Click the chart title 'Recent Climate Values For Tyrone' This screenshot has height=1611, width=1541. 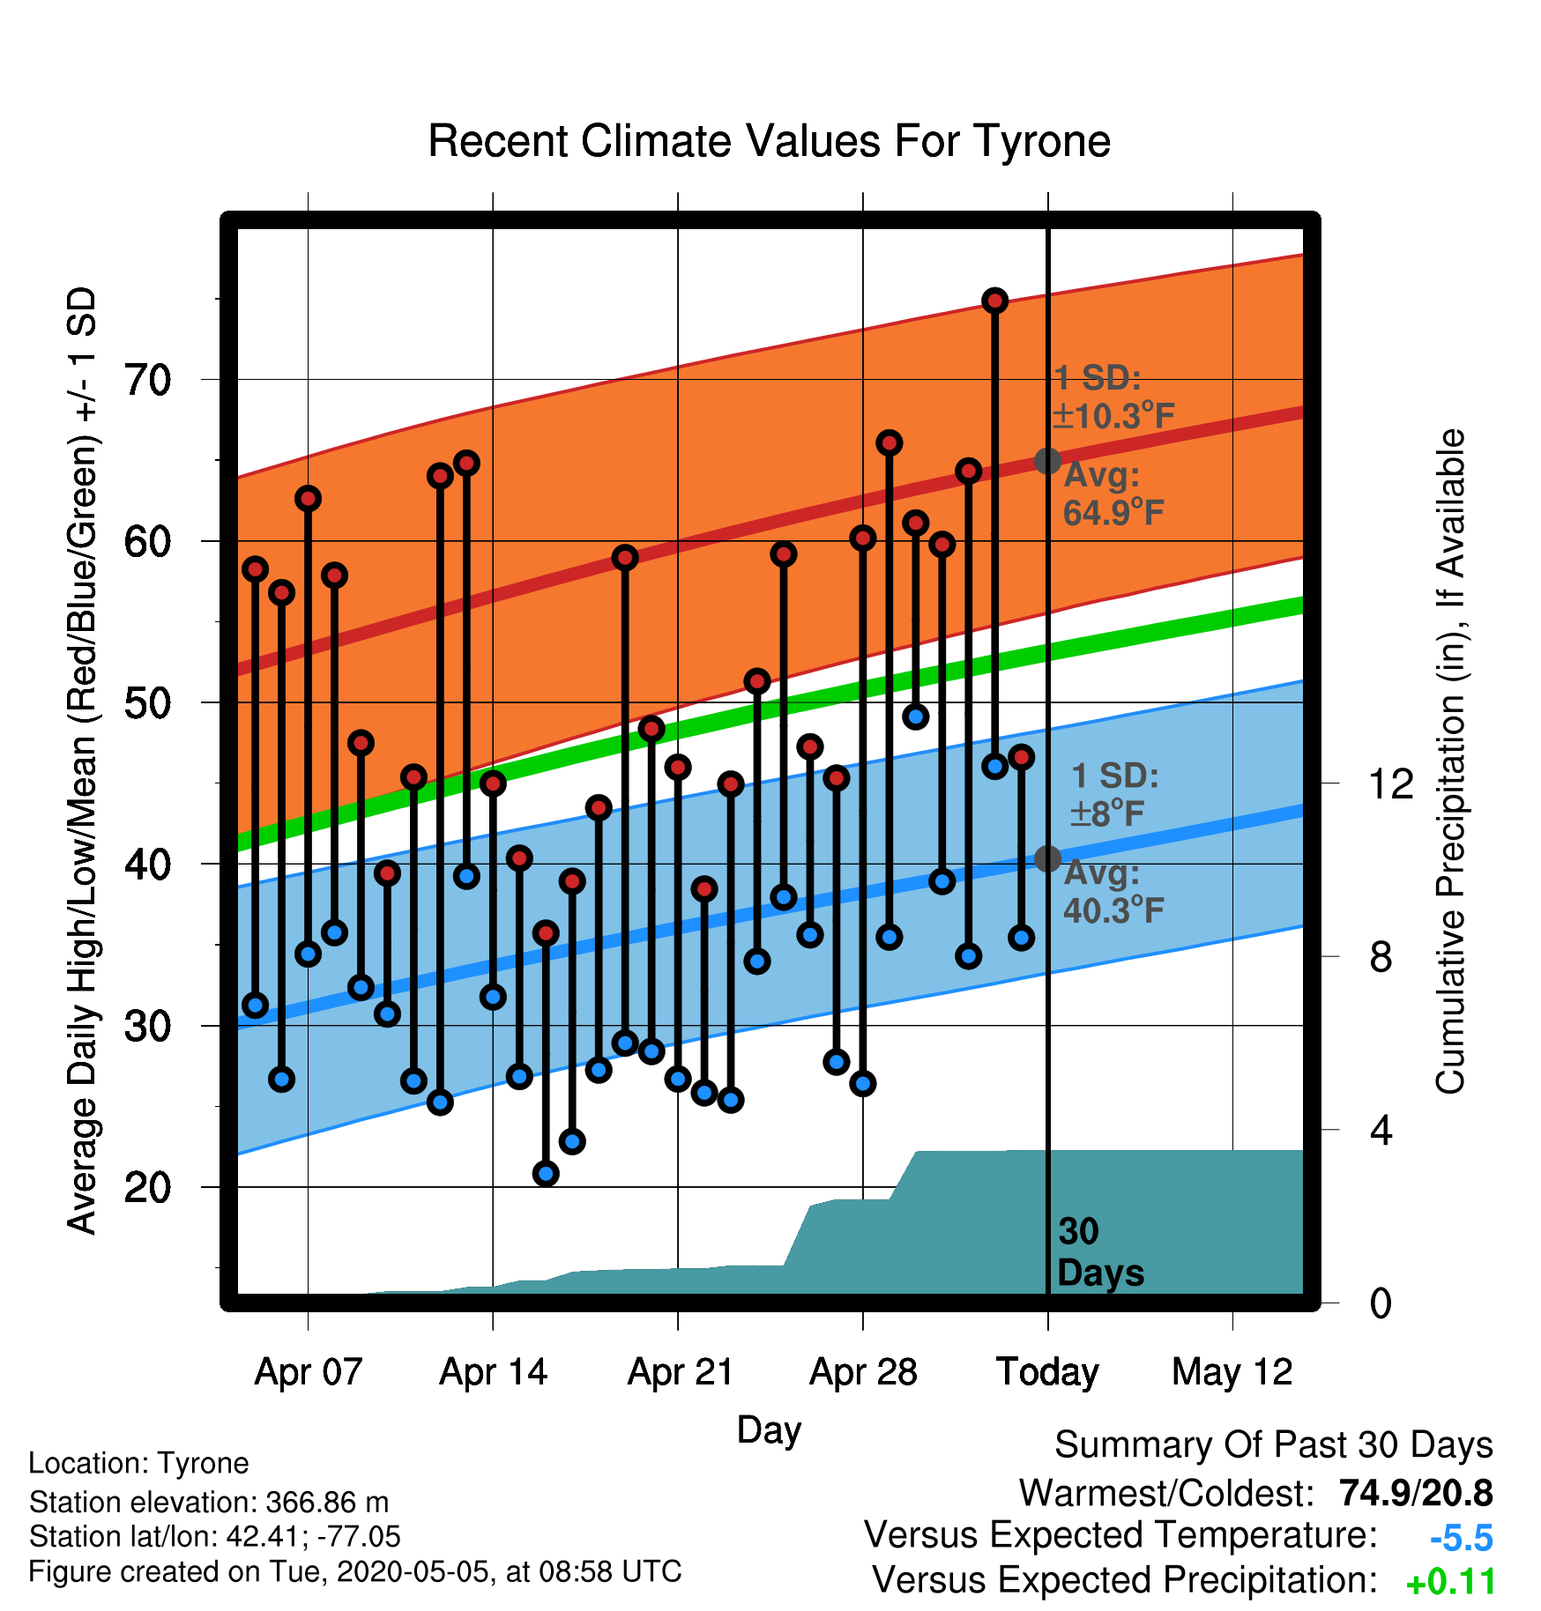click(x=769, y=141)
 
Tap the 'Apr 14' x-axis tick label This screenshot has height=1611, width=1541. click(x=494, y=1372)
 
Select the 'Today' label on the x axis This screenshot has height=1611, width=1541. click(x=1047, y=1372)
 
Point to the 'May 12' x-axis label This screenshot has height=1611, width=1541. click(x=1232, y=1372)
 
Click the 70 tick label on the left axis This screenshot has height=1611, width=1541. click(x=147, y=381)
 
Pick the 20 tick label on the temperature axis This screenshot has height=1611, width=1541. click(x=147, y=1188)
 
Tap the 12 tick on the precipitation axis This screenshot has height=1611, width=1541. click(x=1390, y=783)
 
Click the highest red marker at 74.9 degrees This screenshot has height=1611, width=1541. click(x=995, y=301)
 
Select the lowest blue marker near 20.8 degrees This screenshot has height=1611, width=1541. click(x=546, y=1173)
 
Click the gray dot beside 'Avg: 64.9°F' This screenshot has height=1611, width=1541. click(x=1047, y=460)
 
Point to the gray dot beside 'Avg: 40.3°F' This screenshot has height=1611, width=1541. click(x=1047, y=858)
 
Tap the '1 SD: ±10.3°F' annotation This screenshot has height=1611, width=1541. click(x=1113, y=397)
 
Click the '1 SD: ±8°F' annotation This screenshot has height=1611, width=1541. click(x=1114, y=794)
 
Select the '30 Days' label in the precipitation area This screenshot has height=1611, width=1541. click(x=1100, y=1252)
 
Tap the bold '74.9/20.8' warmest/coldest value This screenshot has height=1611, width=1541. click(x=1416, y=1493)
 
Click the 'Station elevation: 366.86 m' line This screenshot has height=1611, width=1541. click(x=209, y=1502)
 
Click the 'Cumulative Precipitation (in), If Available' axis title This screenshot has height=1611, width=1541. click(x=1450, y=761)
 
